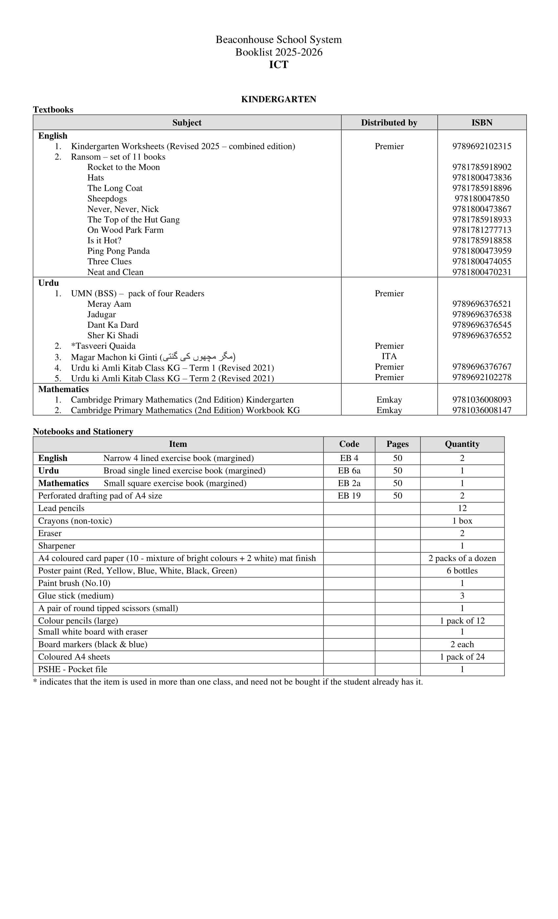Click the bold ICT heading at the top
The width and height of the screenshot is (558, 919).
pyautogui.click(x=279, y=65)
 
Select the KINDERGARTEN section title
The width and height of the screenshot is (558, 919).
pyautogui.click(x=279, y=99)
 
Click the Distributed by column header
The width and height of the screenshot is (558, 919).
pyautogui.click(x=389, y=123)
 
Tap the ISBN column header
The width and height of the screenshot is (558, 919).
pyautogui.click(x=482, y=123)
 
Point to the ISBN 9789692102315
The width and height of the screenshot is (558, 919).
pyautogui.click(x=482, y=146)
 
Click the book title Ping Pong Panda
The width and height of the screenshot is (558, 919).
pyautogui.click(x=119, y=251)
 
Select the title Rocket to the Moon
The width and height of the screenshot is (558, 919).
pyautogui.click(x=123, y=167)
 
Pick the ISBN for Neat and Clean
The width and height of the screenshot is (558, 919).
pyautogui.click(x=482, y=272)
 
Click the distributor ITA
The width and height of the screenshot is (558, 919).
pyautogui.click(x=389, y=356)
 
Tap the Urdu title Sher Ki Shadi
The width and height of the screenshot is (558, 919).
pyautogui.click(x=113, y=335)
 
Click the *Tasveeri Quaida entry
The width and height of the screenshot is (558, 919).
pyautogui.click(x=103, y=346)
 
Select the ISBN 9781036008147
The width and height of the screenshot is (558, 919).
pyautogui.click(x=482, y=410)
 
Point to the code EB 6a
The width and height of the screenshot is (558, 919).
pyautogui.click(x=349, y=471)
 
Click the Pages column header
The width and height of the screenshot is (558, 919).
pyautogui.click(x=398, y=444)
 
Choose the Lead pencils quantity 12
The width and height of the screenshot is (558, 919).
pyautogui.click(x=462, y=508)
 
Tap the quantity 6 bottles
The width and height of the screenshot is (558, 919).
pyautogui.click(x=462, y=571)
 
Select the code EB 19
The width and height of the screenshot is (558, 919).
pyautogui.click(x=349, y=496)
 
